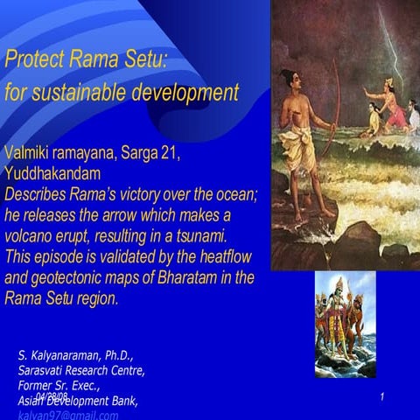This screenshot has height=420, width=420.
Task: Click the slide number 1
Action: coord(383,398)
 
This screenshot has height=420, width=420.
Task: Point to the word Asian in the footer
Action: coord(31,401)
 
